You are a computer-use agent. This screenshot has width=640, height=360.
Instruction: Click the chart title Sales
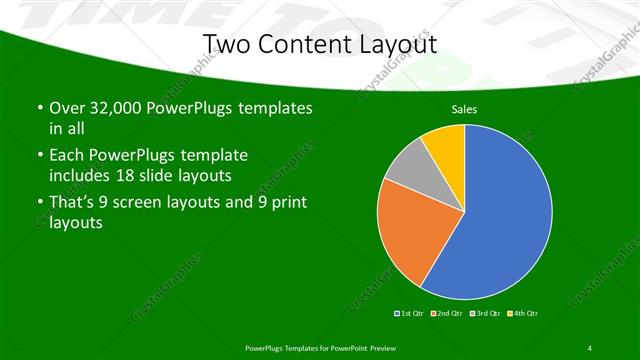click(x=464, y=107)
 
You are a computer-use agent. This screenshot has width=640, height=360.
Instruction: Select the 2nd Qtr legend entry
click(x=446, y=314)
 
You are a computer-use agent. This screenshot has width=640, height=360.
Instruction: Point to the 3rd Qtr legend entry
click(x=484, y=314)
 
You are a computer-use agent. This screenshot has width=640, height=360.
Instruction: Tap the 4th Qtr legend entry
click(x=522, y=314)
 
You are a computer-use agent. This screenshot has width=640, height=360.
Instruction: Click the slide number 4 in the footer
click(x=590, y=347)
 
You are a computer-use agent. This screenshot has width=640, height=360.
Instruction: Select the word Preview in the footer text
click(x=381, y=347)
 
